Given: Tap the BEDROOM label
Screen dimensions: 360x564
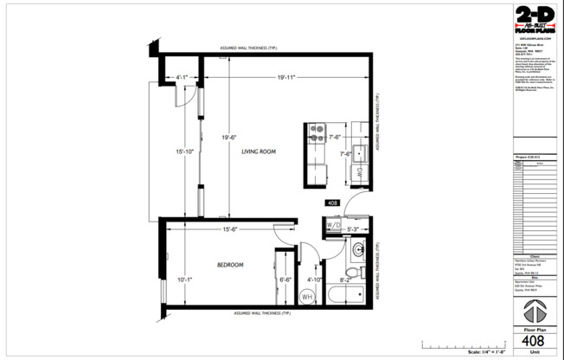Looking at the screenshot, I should click(x=229, y=264).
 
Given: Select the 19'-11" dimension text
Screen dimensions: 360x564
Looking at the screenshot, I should click(x=285, y=77).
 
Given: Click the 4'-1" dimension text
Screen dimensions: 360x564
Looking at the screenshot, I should click(x=183, y=77).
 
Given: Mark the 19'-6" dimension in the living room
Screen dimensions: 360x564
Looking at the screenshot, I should click(x=228, y=137).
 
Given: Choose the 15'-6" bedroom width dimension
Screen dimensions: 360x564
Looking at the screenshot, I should click(x=230, y=229).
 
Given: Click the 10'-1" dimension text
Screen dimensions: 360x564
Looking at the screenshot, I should click(x=186, y=280).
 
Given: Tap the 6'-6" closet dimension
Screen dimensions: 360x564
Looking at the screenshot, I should click(x=285, y=280).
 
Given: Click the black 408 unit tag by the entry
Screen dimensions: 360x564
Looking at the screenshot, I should click(x=332, y=203).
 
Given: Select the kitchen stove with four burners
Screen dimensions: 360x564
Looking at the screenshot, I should click(x=315, y=136).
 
